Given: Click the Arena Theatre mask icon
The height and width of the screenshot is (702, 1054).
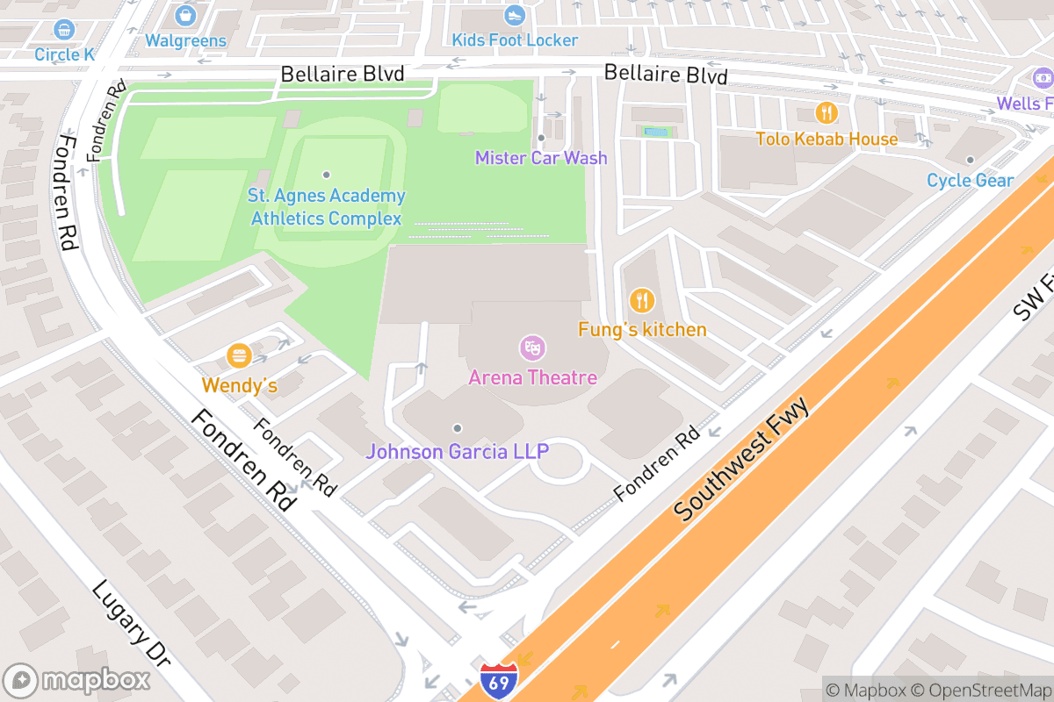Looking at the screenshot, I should tap(531, 347).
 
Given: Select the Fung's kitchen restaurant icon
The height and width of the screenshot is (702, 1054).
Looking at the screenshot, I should tap(642, 301).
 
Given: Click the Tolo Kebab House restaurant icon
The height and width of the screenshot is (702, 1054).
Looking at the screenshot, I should tap(826, 112).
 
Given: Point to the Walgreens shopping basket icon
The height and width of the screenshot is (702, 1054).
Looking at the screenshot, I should tap(185, 15).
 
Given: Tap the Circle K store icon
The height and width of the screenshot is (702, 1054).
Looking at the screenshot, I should tap(64, 30).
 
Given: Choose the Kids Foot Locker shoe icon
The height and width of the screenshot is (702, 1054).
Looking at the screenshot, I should tap(515, 15).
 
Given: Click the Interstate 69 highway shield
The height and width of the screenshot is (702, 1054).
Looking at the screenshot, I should tap(499, 680).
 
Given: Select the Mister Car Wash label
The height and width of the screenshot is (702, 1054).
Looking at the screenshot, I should tap(541, 158).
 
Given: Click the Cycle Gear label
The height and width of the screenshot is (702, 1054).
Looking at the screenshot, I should tap(971, 181).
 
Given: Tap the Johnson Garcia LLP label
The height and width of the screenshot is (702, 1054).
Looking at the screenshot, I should tap(457, 451).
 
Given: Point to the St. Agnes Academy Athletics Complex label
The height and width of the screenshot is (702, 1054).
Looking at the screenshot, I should tap(326, 207).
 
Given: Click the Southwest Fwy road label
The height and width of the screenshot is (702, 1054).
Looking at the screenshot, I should tap(741, 459).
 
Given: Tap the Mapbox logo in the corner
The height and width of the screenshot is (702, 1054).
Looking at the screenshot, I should tap(70, 680).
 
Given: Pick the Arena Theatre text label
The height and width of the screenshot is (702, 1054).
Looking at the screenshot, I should tap(532, 377).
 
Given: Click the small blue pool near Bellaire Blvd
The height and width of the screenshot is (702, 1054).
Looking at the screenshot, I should tap(655, 132).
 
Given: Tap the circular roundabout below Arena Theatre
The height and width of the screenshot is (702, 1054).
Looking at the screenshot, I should tap(559, 462).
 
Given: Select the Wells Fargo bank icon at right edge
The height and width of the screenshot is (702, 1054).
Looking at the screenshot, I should tap(1043, 79).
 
